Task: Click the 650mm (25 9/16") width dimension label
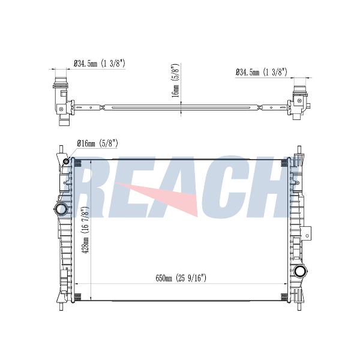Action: [181, 278]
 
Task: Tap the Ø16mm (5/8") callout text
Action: [98, 144]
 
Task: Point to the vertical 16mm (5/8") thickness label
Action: [175, 80]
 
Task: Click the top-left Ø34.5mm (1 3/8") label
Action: [100, 64]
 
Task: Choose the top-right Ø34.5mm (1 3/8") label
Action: [261, 73]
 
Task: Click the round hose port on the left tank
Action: [61, 209]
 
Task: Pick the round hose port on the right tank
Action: [301, 272]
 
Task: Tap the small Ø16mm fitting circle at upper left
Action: [66, 161]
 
